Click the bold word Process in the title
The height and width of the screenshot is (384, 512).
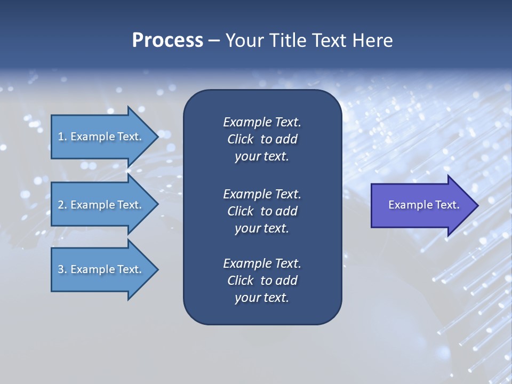point(167,41)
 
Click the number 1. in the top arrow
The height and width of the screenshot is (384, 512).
point(62,137)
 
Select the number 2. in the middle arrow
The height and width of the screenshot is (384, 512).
point(62,205)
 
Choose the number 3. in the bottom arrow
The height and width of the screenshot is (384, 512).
point(62,269)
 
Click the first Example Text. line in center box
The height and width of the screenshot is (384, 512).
point(262,122)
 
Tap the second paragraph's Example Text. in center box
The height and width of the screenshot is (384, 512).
point(262,194)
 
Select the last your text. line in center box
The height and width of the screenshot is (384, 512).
point(262,298)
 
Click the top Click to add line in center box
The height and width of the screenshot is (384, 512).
point(262,140)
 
